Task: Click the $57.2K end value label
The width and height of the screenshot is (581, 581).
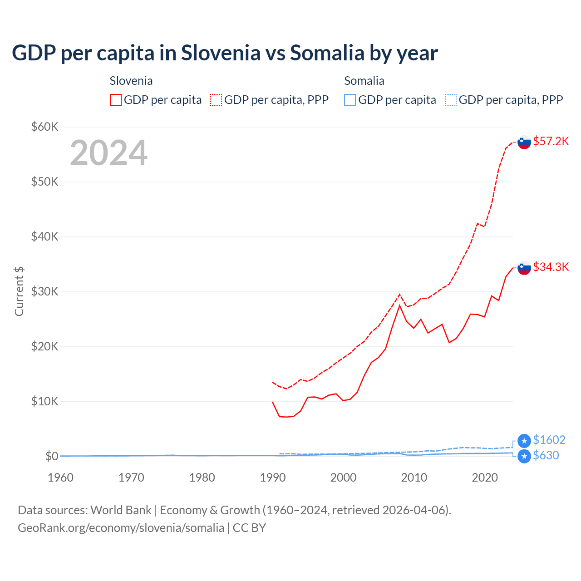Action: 551,141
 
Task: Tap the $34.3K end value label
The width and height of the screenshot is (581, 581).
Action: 551,267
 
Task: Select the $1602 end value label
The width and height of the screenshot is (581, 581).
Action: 549,440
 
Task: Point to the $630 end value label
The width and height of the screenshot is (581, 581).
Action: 546,455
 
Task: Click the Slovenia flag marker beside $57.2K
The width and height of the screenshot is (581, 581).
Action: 524,142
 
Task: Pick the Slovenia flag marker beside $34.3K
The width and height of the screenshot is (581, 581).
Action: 524,268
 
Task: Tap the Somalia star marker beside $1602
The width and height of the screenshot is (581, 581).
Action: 524,441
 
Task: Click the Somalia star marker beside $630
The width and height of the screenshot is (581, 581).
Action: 524,456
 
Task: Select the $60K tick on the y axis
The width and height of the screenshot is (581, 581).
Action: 44,127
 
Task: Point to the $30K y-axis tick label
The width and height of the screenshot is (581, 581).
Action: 44,291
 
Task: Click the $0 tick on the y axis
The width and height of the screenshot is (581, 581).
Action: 52,456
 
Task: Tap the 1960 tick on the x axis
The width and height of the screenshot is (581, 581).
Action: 60,478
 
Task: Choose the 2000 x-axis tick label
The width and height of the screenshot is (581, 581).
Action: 343,478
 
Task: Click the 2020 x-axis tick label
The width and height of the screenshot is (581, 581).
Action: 485,478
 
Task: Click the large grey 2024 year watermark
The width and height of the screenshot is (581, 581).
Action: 108,153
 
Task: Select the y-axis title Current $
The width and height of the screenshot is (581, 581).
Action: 19,291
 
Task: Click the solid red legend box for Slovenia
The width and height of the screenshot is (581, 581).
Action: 116,100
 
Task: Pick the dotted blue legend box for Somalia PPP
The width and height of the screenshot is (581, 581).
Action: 451,100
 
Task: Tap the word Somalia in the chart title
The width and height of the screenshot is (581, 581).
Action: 327,53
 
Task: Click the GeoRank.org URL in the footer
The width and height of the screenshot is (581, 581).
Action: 121,528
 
